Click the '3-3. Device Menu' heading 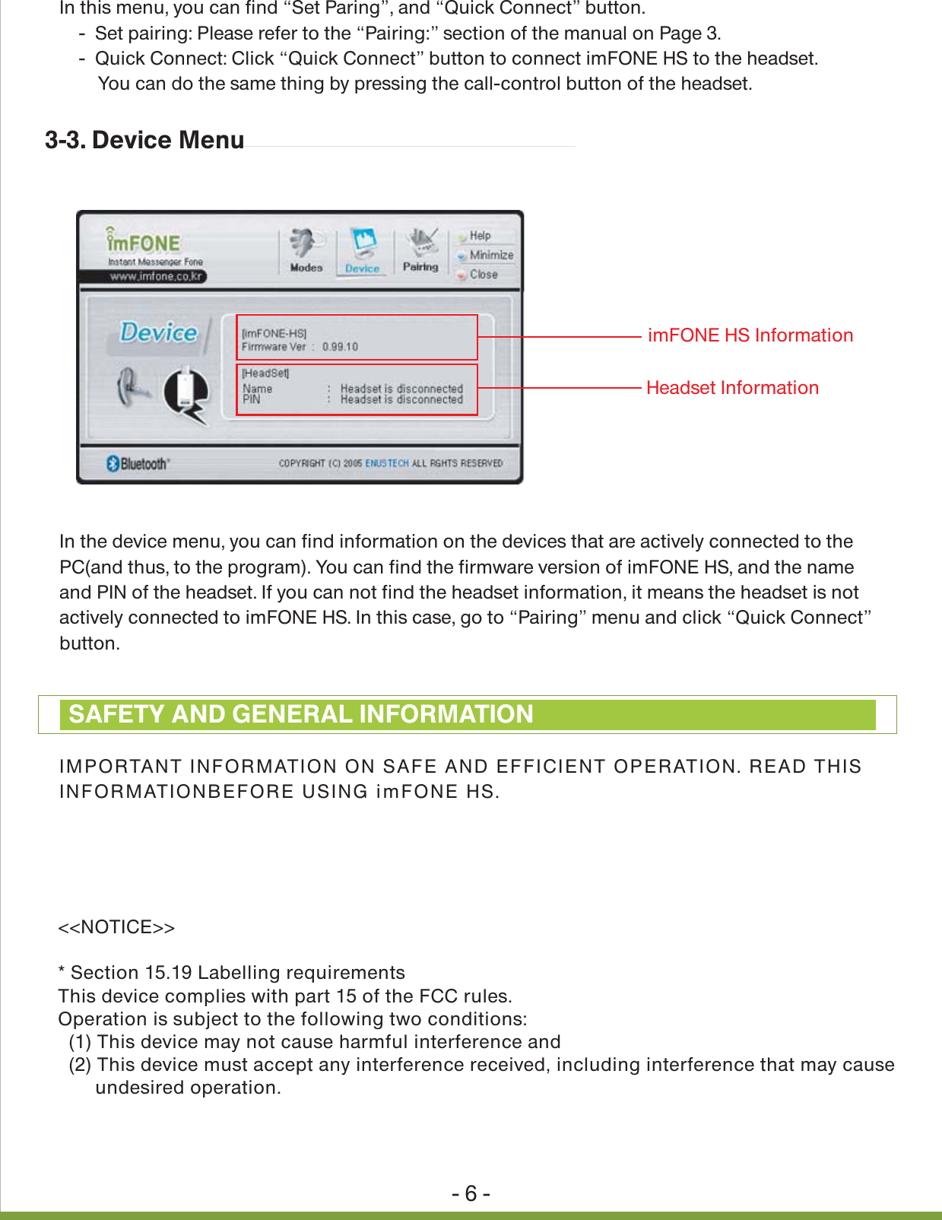[144, 140]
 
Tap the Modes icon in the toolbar [306, 250]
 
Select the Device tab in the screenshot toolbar [363, 252]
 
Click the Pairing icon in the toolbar [420, 250]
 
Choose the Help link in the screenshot [479, 236]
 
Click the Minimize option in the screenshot [490, 255]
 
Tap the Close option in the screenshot [483, 275]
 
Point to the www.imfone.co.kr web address [155, 277]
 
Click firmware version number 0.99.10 [340, 347]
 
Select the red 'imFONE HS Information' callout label [750, 335]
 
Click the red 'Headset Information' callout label [732, 388]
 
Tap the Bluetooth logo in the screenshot [138, 463]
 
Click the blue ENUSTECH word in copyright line [386, 463]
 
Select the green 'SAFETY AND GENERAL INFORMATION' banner [467, 714]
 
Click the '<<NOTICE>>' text [116, 927]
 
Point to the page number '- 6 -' [471, 1193]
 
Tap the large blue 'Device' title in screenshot [158, 332]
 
